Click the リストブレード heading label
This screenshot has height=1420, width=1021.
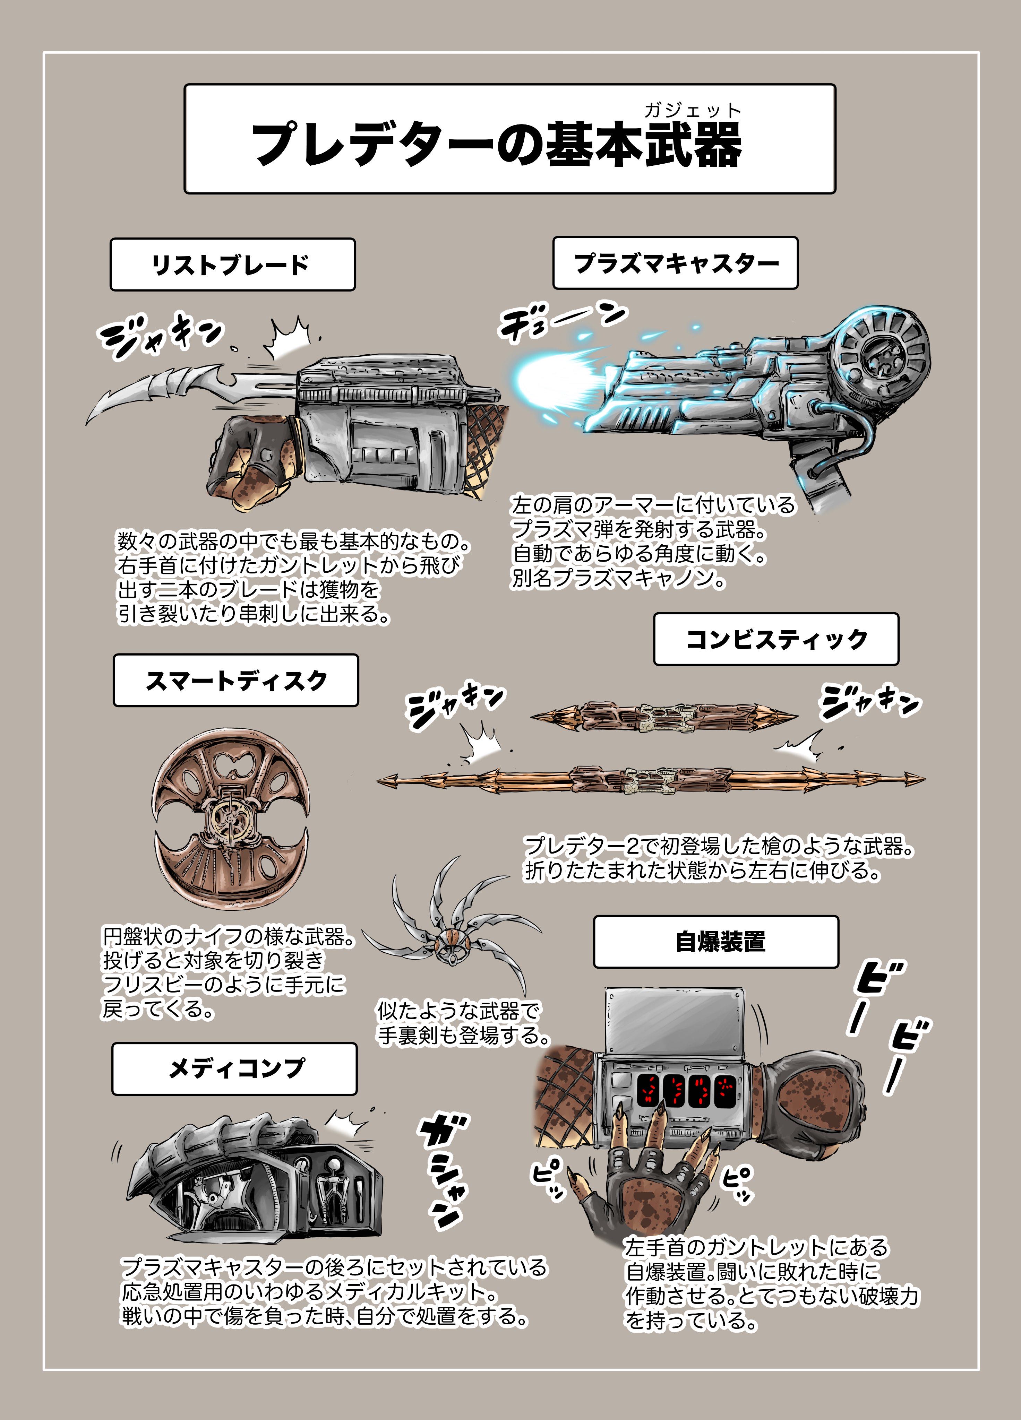click(232, 264)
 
